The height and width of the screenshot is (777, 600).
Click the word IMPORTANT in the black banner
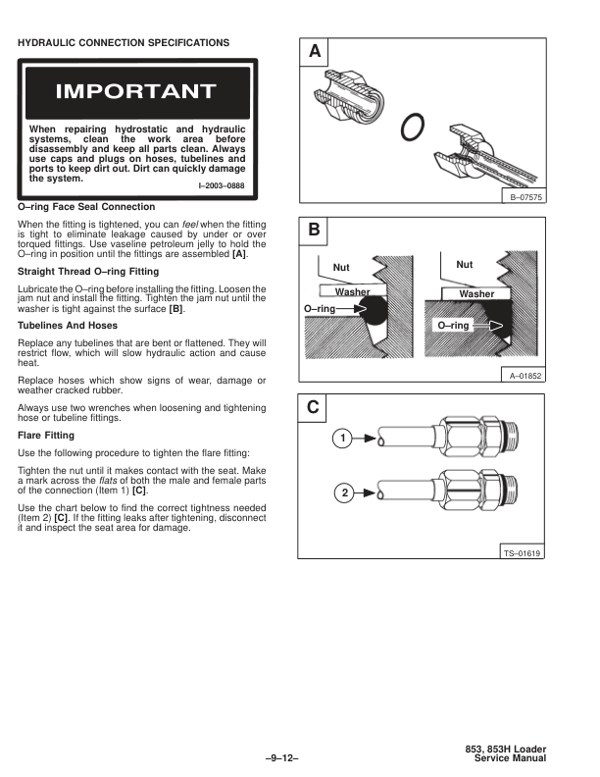click(x=136, y=92)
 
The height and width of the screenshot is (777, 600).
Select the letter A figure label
click(x=314, y=52)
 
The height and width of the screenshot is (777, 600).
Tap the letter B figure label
click(x=314, y=231)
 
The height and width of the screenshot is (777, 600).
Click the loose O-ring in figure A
click(x=416, y=126)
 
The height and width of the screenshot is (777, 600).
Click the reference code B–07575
click(x=524, y=198)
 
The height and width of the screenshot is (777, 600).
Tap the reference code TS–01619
click(x=523, y=553)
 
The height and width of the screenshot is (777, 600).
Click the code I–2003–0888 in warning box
click(x=222, y=186)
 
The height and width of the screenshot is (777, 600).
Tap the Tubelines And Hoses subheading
click(x=68, y=325)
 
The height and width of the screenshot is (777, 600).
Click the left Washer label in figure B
click(x=352, y=292)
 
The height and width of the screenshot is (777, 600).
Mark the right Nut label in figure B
click(x=465, y=265)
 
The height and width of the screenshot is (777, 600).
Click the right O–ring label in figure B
click(x=454, y=325)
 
